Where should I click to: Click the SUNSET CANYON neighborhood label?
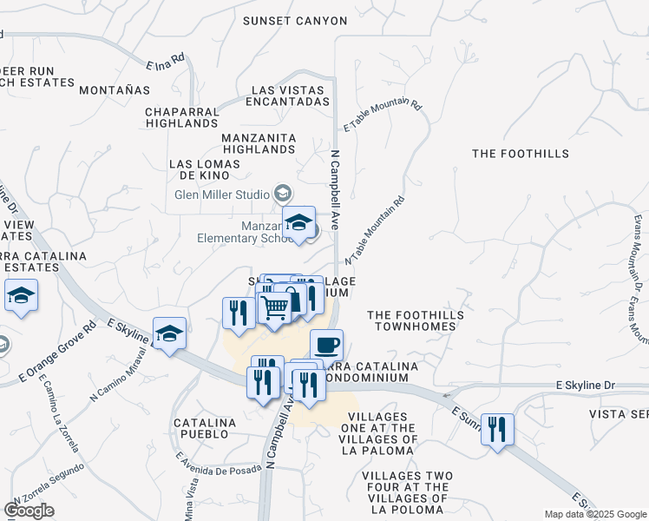click(294, 21)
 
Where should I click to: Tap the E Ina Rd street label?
click(167, 62)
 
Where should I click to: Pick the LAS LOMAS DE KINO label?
click(200, 169)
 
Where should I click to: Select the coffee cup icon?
click(326, 345)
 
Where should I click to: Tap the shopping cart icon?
click(275, 307)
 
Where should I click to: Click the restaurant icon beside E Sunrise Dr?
click(497, 429)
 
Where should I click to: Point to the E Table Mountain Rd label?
click(383, 115)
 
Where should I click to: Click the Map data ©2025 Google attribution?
click(595, 514)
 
